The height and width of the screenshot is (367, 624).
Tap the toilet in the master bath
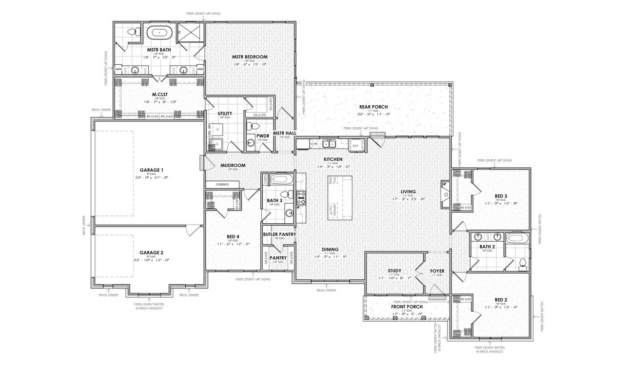131,33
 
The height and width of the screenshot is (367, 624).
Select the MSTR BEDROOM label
250,57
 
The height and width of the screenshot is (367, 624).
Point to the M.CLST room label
160,95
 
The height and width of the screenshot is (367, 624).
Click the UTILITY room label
225,114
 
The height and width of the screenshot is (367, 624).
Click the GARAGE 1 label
151,170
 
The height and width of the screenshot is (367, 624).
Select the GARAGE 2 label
151,253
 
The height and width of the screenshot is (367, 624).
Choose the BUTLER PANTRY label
279,234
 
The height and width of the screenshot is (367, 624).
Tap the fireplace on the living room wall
446,190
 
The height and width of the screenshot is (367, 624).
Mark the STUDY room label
394,270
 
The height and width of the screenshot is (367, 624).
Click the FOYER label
437,270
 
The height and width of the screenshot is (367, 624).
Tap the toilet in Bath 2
522,263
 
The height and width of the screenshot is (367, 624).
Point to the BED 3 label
501,196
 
